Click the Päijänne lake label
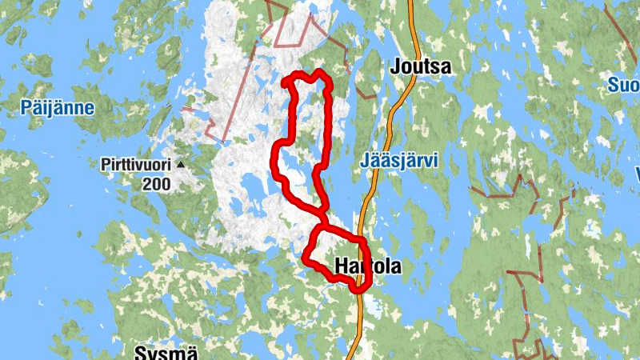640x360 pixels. (x=58, y=107)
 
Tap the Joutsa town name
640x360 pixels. (x=421, y=68)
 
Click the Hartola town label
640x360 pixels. (x=368, y=266)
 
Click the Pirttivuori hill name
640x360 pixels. (x=136, y=165)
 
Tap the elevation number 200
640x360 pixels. (x=157, y=184)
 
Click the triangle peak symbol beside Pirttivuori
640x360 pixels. (x=181, y=165)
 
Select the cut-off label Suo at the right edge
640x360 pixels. (x=624, y=85)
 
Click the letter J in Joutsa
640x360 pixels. (x=395, y=68)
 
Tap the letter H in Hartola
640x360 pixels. (x=343, y=266)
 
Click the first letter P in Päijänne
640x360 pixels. (x=27, y=107)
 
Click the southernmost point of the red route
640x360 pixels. (x=358, y=289)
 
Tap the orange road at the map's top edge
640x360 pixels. (x=412, y=3)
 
